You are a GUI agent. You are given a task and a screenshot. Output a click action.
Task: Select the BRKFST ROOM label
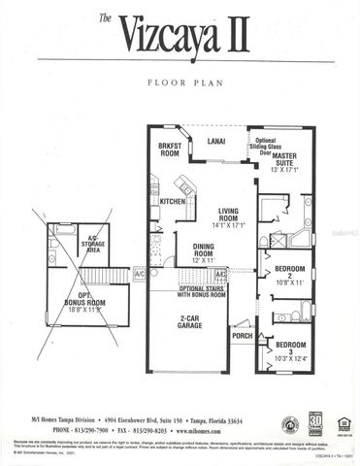(x=171, y=151)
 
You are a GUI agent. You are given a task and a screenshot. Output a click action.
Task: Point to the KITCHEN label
(x=172, y=202)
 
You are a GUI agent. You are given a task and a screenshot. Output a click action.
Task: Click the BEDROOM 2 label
(x=290, y=273)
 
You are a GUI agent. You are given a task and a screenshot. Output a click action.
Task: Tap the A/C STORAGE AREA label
(x=93, y=244)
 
